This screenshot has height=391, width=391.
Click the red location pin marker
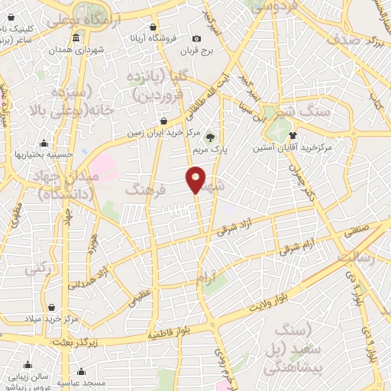[196, 180]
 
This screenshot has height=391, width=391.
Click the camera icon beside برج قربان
[197, 39]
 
